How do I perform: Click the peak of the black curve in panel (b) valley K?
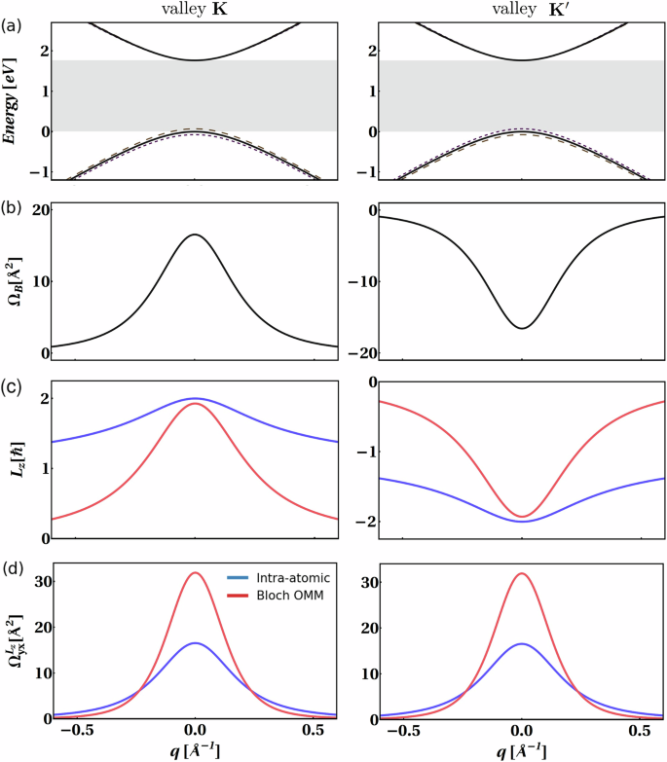(x=195, y=235)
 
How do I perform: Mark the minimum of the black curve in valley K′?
(x=522, y=328)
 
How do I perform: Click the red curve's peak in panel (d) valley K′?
(x=522, y=573)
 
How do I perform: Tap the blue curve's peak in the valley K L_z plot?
(x=195, y=398)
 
